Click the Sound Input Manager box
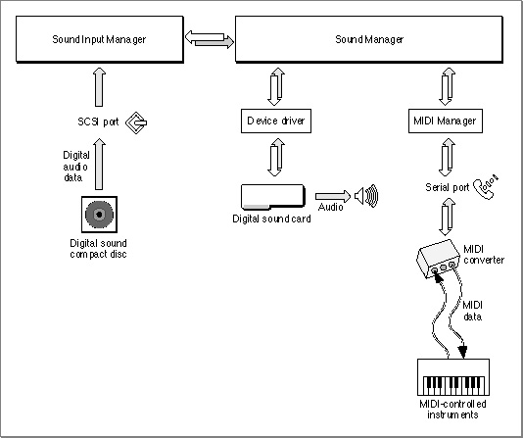click(x=100, y=39)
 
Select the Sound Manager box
click(x=369, y=39)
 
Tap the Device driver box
click(x=276, y=121)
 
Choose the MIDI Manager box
click(x=446, y=121)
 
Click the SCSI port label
click(x=98, y=122)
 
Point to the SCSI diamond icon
click(x=136, y=122)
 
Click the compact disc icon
click(x=99, y=215)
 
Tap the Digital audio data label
click(x=76, y=167)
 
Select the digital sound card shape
click(x=273, y=197)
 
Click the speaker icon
click(x=366, y=196)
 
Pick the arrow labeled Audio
click(x=333, y=196)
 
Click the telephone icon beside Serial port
click(x=486, y=187)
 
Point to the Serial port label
click(x=448, y=187)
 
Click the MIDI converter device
click(x=439, y=259)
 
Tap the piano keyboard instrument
click(x=453, y=377)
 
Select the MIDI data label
click(x=472, y=311)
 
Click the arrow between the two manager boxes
click(x=210, y=39)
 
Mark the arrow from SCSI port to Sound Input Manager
click(x=99, y=87)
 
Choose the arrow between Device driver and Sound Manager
click(x=276, y=87)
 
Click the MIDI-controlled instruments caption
click(x=452, y=410)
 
